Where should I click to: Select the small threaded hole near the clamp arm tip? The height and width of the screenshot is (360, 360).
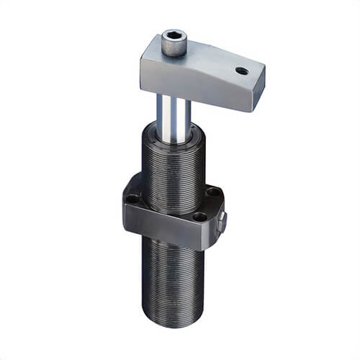[242, 71]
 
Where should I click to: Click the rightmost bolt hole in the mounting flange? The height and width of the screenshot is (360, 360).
[213, 192]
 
